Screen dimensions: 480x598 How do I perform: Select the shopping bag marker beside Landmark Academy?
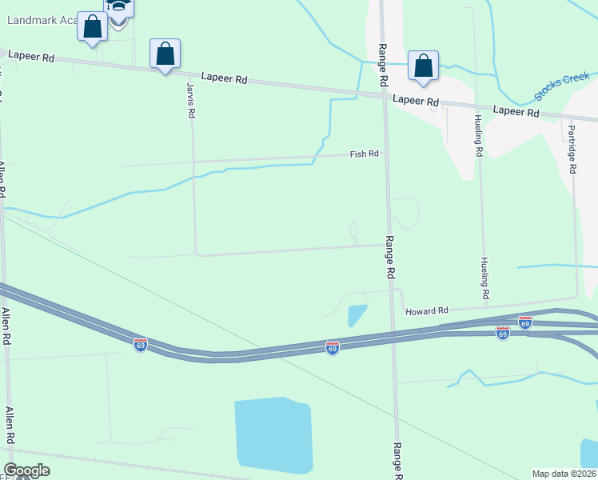[x=93, y=26]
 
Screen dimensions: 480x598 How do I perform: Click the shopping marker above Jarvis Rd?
[x=165, y=54]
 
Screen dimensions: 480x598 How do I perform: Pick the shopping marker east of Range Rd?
[x=423, y=66]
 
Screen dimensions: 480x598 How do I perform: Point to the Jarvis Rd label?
[x=191, y=100]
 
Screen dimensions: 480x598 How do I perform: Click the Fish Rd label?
[x=364, y=154]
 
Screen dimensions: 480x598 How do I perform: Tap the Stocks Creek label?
[x=561, y=86]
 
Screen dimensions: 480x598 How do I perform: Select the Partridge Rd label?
[x=572, y=149]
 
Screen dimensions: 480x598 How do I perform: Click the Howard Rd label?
[x=427, y=310]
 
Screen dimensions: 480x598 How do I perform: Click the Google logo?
[x=26, y=470]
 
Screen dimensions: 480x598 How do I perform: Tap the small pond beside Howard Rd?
[x=357, y=315]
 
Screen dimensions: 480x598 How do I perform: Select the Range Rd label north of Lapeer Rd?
[x=383, y=66]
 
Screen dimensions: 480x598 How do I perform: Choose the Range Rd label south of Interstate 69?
[x=396, y=460]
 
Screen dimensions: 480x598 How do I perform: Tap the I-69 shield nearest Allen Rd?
[x=141, y=345]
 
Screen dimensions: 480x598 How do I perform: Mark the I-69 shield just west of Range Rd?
[x=333, y=347]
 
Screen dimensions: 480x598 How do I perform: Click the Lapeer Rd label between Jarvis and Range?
[x=225, y=78]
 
